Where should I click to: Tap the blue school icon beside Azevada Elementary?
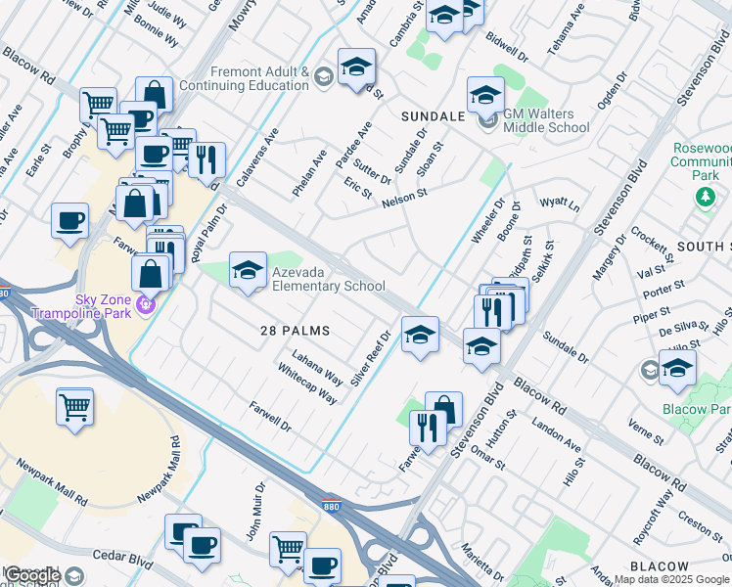pyautogui.click(x=249, y=270)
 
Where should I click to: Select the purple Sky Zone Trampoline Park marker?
pyautogui.click(x=147, y=305)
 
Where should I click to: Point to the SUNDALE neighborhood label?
pyautogui.click(x=433, y=116)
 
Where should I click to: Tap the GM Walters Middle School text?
pyautogui.click(x=546, y=120)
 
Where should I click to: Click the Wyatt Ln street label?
pyautogui.click(x=560, y=205)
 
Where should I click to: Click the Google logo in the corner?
pyautogui.click(x=33, y=576)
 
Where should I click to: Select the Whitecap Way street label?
pyautogui.click(x=307, y=385)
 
